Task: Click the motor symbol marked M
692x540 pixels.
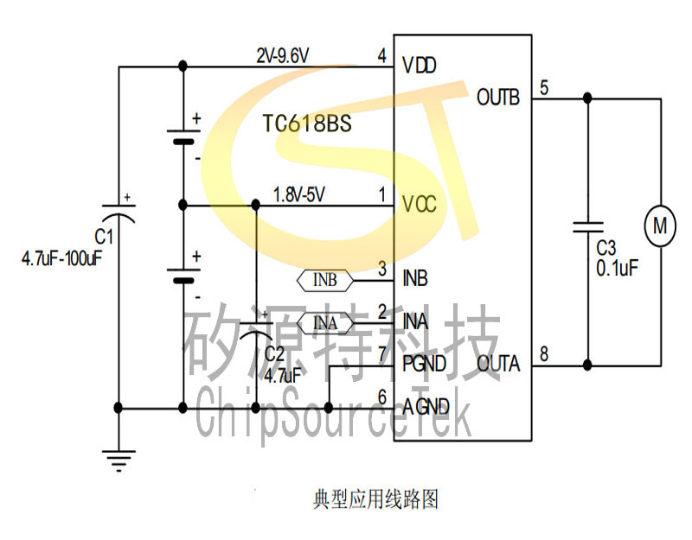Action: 660,226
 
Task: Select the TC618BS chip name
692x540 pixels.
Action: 307,123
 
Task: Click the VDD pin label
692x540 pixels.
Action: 420,66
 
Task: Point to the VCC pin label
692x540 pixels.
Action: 420,204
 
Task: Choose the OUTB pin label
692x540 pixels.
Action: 498,97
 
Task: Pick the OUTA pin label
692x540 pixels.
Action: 499,364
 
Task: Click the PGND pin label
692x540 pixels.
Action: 424,364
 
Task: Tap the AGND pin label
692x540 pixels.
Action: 426,406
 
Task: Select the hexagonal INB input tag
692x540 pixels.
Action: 325,280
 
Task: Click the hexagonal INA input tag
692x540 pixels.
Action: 325,323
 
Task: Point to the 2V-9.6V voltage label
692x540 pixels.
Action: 283,56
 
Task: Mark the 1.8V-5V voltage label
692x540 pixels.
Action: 299,194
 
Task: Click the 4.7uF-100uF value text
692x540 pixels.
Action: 61,258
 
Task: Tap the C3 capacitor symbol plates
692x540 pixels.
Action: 587,227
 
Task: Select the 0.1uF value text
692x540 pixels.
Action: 617,268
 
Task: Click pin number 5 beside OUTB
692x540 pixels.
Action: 544,88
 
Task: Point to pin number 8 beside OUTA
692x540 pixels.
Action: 544,354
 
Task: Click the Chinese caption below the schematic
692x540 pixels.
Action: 375,499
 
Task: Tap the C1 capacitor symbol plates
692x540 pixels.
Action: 119,213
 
